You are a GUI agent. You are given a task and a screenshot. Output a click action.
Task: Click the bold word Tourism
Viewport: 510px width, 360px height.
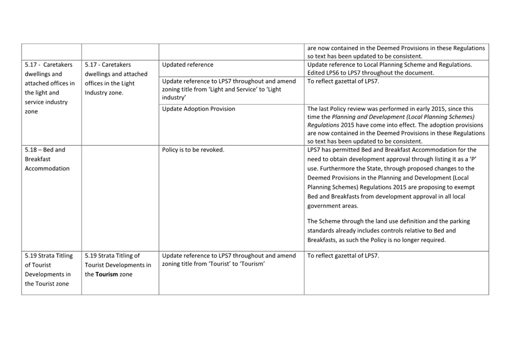coord(108,275)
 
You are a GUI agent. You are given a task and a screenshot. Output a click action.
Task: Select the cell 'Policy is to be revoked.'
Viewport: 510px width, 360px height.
coord(193,149)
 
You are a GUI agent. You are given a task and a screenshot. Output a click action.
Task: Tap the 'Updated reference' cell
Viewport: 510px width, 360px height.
coord(187,65)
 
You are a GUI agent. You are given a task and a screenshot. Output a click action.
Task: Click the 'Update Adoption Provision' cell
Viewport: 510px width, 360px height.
coord(198,109)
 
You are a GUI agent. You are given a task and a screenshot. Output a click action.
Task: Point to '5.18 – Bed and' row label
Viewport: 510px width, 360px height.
coord(45,149)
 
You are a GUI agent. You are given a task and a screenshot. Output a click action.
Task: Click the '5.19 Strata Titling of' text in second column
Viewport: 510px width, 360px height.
coord(112,256)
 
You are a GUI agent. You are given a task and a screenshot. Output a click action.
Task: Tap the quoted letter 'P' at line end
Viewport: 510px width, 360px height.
coord(473,159)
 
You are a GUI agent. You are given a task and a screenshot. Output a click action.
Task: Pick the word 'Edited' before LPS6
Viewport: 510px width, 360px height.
coord(316,73)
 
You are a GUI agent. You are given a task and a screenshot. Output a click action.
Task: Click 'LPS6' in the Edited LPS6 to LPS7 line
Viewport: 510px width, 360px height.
coord(336,73)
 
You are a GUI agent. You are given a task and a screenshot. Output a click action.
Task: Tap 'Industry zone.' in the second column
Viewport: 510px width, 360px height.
coord(104,93)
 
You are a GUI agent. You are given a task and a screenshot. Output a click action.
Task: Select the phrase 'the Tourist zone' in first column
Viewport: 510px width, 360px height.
coord(47,284)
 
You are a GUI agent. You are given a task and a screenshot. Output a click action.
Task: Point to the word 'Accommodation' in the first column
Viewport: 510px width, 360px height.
coord(47,168)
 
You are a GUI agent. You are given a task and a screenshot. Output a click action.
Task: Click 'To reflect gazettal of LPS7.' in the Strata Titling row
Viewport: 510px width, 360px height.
coord(343,256)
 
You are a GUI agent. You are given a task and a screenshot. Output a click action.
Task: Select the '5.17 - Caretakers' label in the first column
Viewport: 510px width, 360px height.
coord(49,65)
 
